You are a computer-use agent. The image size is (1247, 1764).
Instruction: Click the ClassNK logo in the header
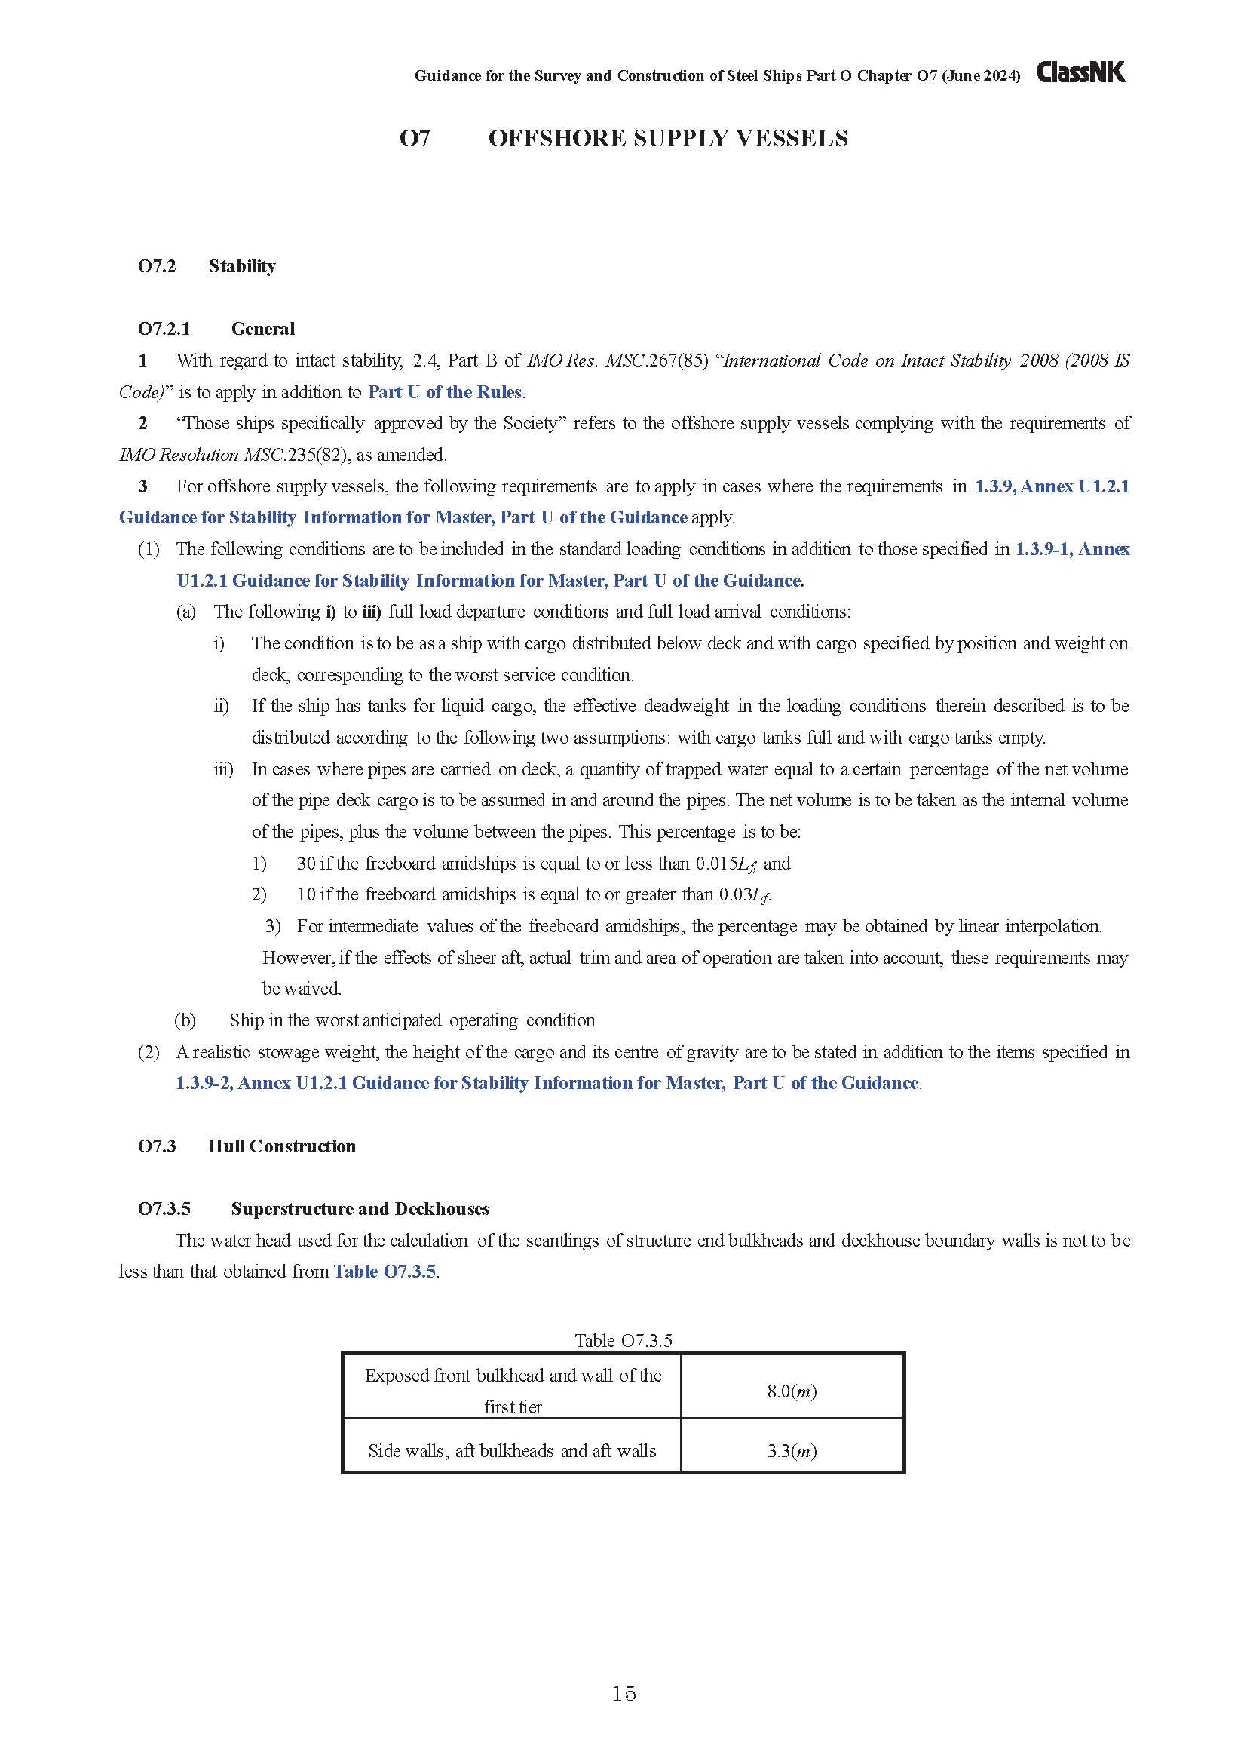point(1080,72)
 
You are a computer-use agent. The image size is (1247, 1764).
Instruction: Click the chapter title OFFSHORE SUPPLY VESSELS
point(668,138)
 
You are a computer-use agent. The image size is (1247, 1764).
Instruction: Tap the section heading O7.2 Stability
point(207,265)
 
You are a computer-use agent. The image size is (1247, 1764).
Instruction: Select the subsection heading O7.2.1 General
point(216,329)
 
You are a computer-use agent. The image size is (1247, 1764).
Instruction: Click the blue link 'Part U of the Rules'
point(445,392)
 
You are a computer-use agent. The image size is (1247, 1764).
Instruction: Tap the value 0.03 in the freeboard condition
point(734,895)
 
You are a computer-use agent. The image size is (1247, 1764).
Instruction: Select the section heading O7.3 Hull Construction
point(247,1146)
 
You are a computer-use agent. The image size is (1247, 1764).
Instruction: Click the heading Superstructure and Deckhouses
point(360,1209)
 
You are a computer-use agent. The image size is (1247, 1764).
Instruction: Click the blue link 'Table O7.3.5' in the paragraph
point(385,1272)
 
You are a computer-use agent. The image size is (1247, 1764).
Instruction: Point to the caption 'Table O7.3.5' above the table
point(623,1341)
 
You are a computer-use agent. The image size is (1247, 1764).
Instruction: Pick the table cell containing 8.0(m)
point(792,1391)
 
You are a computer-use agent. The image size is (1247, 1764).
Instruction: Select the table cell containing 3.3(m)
point(792,1451)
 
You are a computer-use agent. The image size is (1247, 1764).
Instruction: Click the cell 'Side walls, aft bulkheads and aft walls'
point(512,1451)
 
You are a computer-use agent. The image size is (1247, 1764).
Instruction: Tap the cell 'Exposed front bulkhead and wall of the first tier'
point(512,1391)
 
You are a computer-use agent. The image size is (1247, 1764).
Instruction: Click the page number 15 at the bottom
point(623,1693)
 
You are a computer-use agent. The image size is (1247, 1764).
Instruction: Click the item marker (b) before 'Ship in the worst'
point(185,1020)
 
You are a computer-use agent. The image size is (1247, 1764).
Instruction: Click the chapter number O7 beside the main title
point(415,138)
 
